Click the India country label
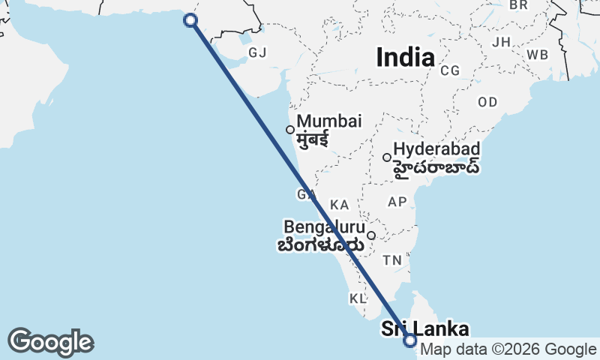[405, 57]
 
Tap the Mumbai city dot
[290, 130]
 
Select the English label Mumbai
[328, 121]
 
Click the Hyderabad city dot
[387, 157]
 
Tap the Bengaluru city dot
[370, 235]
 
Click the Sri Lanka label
[425, 328]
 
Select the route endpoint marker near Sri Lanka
[409, 340]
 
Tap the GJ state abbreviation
[257, 52]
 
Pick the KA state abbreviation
[340, 205]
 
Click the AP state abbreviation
[397, 202]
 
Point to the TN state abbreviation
[392, 260]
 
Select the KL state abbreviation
[358, 298]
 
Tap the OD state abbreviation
[487, 101]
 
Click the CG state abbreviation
[450, 70]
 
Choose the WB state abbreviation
[537, 55]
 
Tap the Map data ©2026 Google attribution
[508, 349]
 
